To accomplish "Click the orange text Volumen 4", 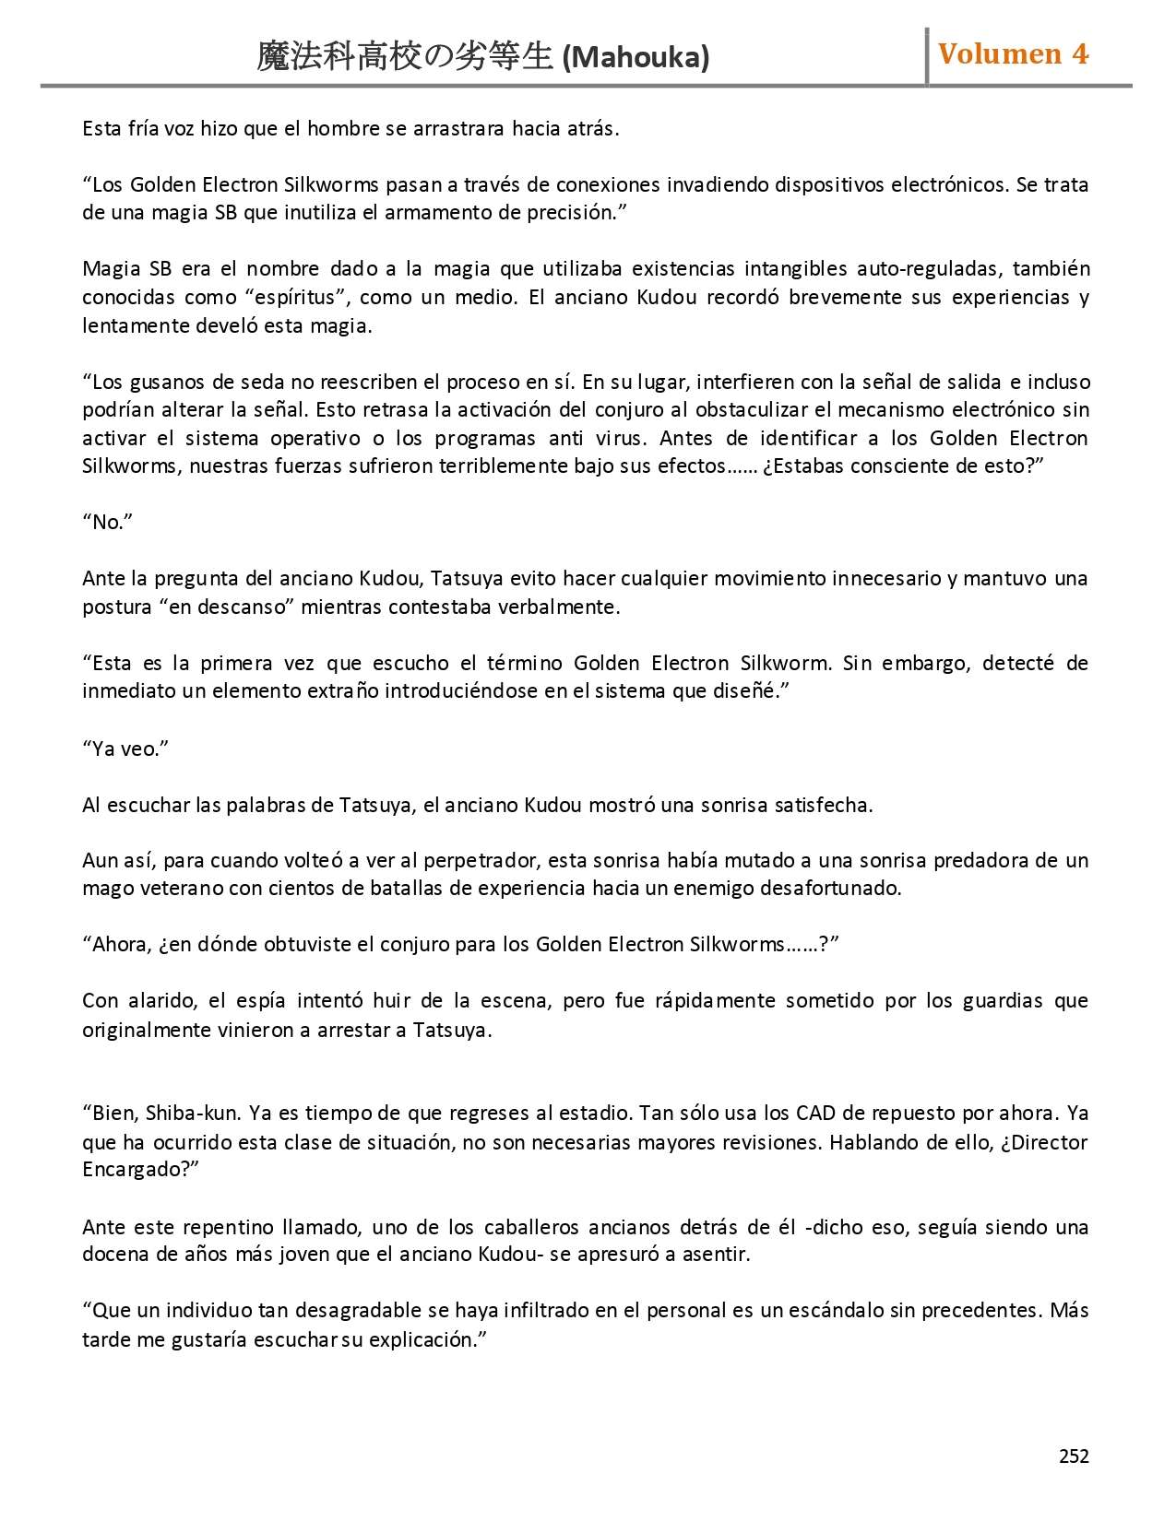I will tap(1013, 54).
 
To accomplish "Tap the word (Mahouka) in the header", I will tap(636, 58).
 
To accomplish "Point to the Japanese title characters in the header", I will tap(406, 57).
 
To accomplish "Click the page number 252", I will tap(1074, 1456).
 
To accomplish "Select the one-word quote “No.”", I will tap(108, 522).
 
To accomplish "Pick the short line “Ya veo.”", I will tap(125, 749).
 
